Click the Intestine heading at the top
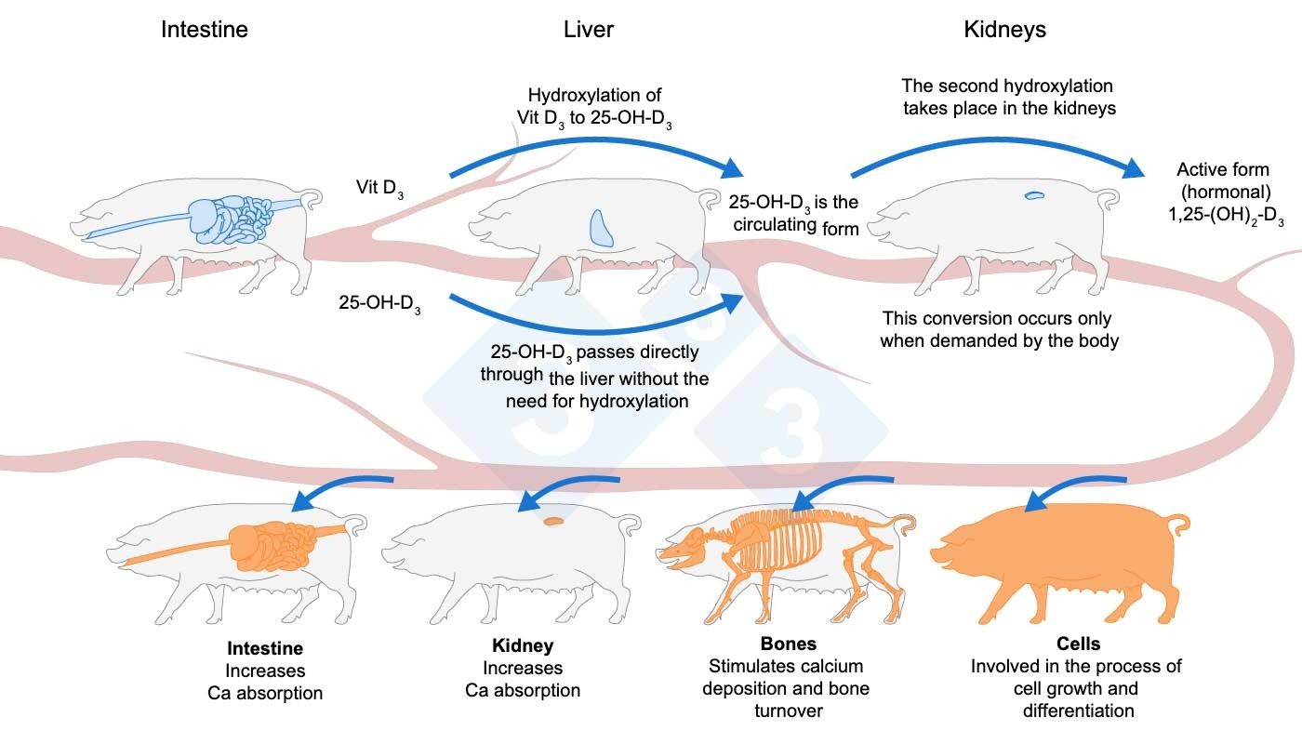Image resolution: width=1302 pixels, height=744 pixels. pos(205,29)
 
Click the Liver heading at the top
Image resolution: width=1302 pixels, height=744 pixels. pos(589,29)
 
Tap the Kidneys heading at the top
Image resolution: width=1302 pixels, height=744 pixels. pos(1004,29)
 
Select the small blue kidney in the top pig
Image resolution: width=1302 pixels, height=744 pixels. pos(1034,195)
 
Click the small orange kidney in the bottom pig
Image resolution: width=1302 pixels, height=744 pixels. pos(553,522)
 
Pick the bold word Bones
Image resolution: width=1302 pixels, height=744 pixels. pos(788,644)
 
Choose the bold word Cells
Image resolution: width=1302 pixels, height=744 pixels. pos(1078,644)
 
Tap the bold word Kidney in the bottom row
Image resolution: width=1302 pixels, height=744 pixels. pos(522,645)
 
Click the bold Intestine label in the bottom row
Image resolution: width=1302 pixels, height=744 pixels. pos(265,648)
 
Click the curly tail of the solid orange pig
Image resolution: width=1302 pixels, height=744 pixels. pos(1176,524)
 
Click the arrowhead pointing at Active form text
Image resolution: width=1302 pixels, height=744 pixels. pos(1132,167)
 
